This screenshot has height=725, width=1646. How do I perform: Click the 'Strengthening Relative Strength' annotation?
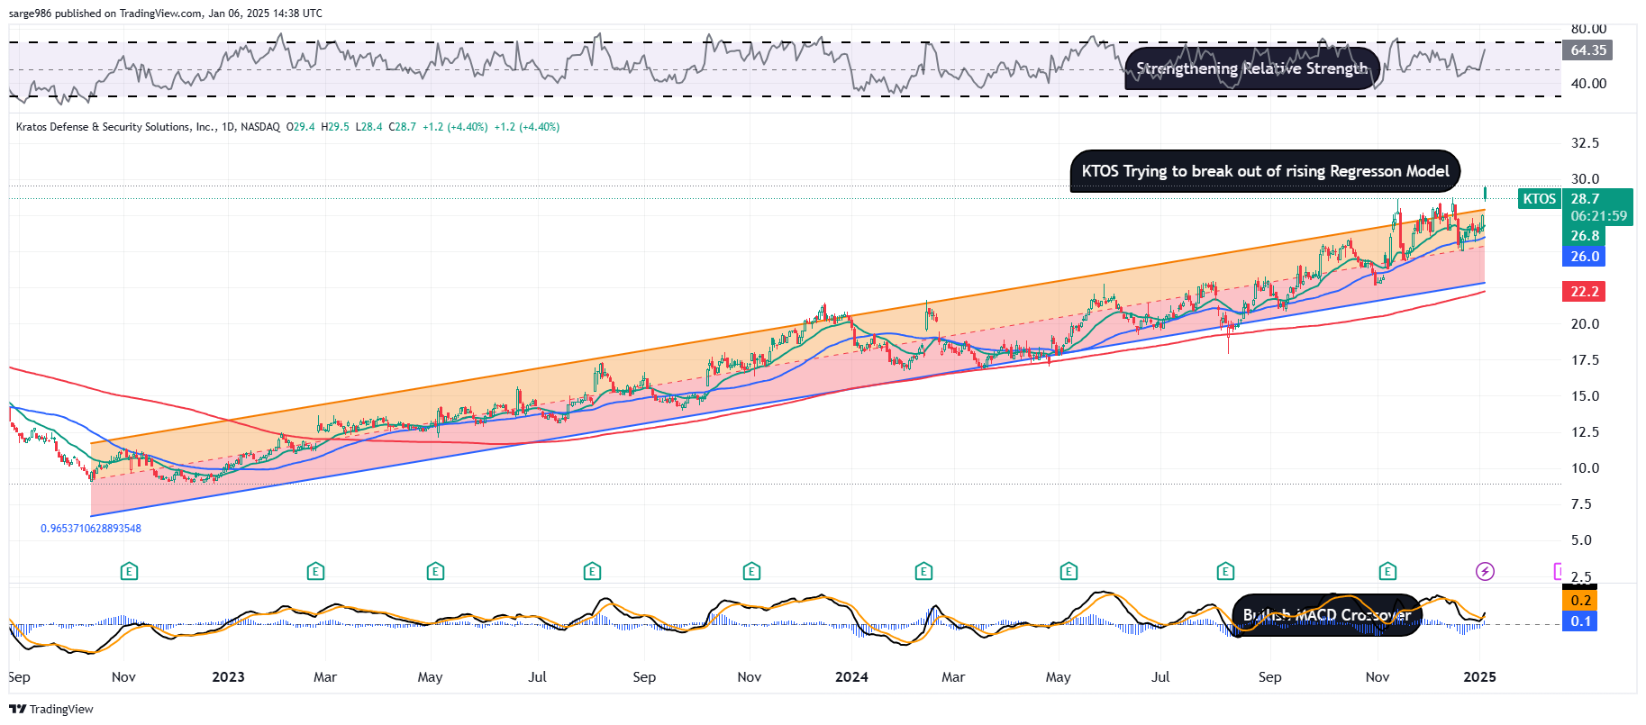(1251, 68)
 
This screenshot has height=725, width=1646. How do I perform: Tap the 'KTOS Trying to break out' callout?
(1265, 171)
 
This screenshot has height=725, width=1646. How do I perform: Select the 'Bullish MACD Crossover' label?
(1326, 615)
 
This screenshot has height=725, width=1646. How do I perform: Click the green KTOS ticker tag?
(1539, 199)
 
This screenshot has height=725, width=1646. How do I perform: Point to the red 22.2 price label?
(1584, 291)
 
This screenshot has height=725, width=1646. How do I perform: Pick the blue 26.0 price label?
(1584, 257)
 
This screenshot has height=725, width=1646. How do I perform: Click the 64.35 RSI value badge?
(1588, 50)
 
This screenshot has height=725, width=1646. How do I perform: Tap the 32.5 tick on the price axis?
(1585, 143)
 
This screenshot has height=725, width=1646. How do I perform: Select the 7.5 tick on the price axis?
(1581, 504)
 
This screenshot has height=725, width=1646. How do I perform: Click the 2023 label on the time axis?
(228, 677)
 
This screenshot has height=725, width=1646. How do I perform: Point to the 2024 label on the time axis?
(851, 677)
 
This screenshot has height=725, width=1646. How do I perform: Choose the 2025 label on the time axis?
(1479, 677)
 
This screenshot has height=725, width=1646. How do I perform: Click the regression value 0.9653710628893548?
(91, 529)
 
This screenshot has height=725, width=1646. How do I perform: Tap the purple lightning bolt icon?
(1485, 571)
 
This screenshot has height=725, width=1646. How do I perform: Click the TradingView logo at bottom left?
(51, 709)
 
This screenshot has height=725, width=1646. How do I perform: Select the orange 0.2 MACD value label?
(1580, 601)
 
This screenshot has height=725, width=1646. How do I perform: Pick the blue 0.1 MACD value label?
(1580, 621)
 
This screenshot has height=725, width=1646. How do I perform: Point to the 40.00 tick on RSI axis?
(1588, 84)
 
